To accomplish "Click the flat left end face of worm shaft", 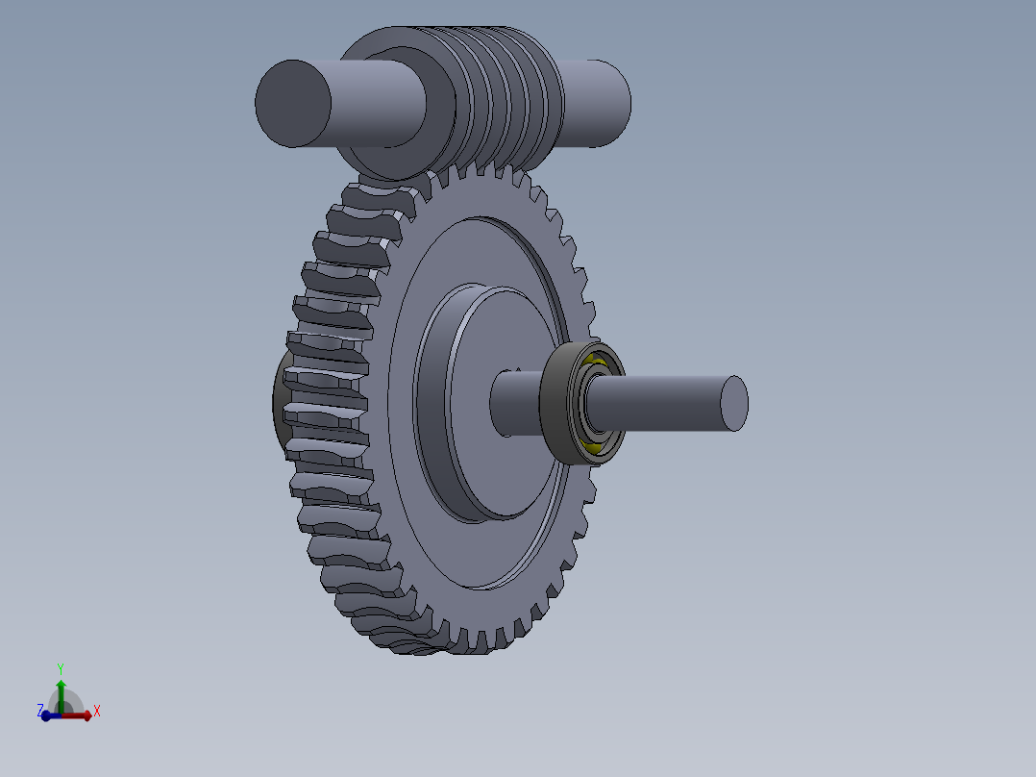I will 293,104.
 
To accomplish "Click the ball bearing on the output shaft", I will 583,403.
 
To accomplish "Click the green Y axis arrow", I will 61,690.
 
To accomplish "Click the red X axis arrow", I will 81,714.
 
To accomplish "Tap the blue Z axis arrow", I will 48,715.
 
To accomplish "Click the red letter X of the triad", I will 97,712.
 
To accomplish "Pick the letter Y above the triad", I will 61,667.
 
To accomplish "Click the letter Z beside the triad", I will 40,710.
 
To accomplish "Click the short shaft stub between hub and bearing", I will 514,404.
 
